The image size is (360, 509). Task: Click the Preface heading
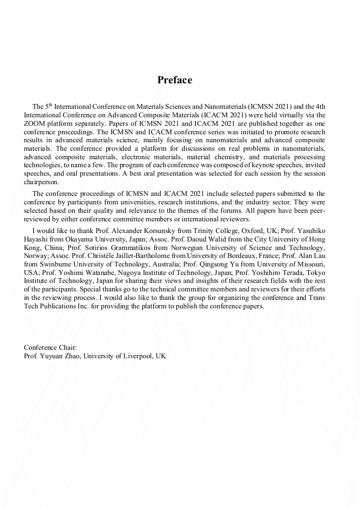coord(175,81)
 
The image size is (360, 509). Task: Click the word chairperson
coord(41,182)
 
